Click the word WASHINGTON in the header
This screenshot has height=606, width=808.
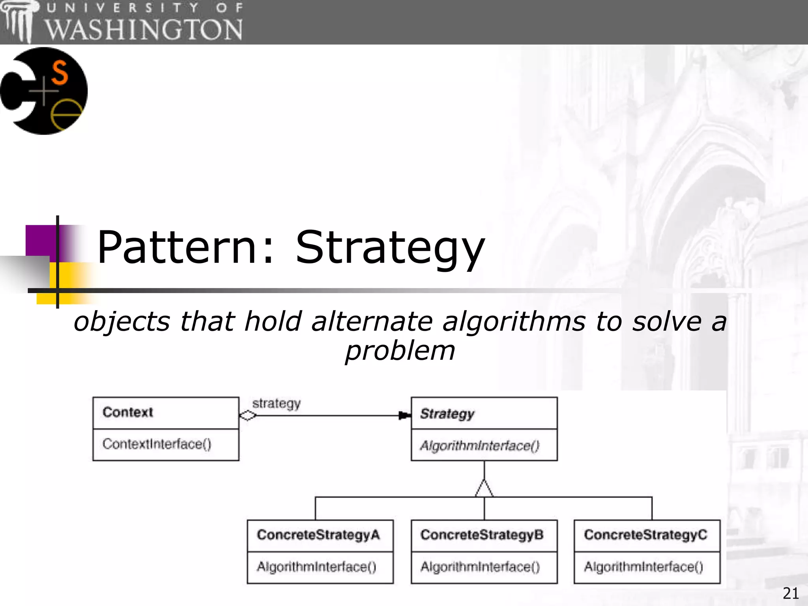point(144,30)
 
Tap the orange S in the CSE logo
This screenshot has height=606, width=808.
point(60,73)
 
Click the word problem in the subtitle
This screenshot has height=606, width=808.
point(400,351)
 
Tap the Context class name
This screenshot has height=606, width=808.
point(127,412)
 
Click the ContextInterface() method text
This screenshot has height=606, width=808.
point(157,444)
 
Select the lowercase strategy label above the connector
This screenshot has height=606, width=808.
point(276,404)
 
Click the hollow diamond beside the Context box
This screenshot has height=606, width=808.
point(248,416)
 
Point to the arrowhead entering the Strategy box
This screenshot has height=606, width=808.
point(404,416)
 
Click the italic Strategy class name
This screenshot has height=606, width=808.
point(447,414)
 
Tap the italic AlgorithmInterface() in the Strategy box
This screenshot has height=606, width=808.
point(479,446)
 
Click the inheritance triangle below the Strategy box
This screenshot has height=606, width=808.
point(484,489)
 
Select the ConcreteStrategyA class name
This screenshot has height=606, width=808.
point(318,535)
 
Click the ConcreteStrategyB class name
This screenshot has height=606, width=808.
point(482,535)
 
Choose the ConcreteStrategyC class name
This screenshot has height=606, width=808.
point(645,535)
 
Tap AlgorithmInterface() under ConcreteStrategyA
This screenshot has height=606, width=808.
point(316,567)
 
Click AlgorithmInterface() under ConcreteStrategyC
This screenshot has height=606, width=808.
point(643,567)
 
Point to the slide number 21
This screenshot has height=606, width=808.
point(791,593)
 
